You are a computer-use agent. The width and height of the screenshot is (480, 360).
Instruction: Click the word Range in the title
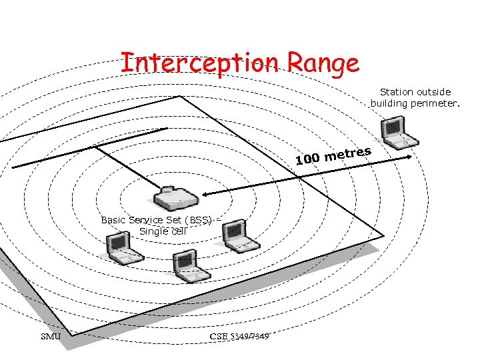pyautogui.click(x=324, y=64)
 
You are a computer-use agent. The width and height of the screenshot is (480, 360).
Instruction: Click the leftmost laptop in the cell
pyautogui.click(x=124, y=248)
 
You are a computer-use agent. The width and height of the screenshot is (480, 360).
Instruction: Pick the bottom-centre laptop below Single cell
pyautogui.click(x=189, y=265)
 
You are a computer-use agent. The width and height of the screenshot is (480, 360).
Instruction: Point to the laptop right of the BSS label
pyautogui.click(x=238, y=236)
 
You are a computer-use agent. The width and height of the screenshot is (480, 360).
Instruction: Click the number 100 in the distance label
pyautogui.click(x=307, y=159)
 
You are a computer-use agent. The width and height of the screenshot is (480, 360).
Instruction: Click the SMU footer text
pyautogui.click(x=51, y=336)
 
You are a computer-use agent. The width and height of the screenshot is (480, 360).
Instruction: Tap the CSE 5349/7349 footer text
pyautogui.click(x=239, y=336)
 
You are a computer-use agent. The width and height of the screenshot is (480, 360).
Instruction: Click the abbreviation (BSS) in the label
pyautogui.click(x=199, y=220)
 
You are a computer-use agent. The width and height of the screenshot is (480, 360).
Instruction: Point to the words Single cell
pyautogui.click(x=163, y=231)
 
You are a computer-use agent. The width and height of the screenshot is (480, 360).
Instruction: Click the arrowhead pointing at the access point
pyautogui.click(x=205, y=194)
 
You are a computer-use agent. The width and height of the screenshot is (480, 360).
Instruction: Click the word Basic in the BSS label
pyautogui.click(x=113, y=220)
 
